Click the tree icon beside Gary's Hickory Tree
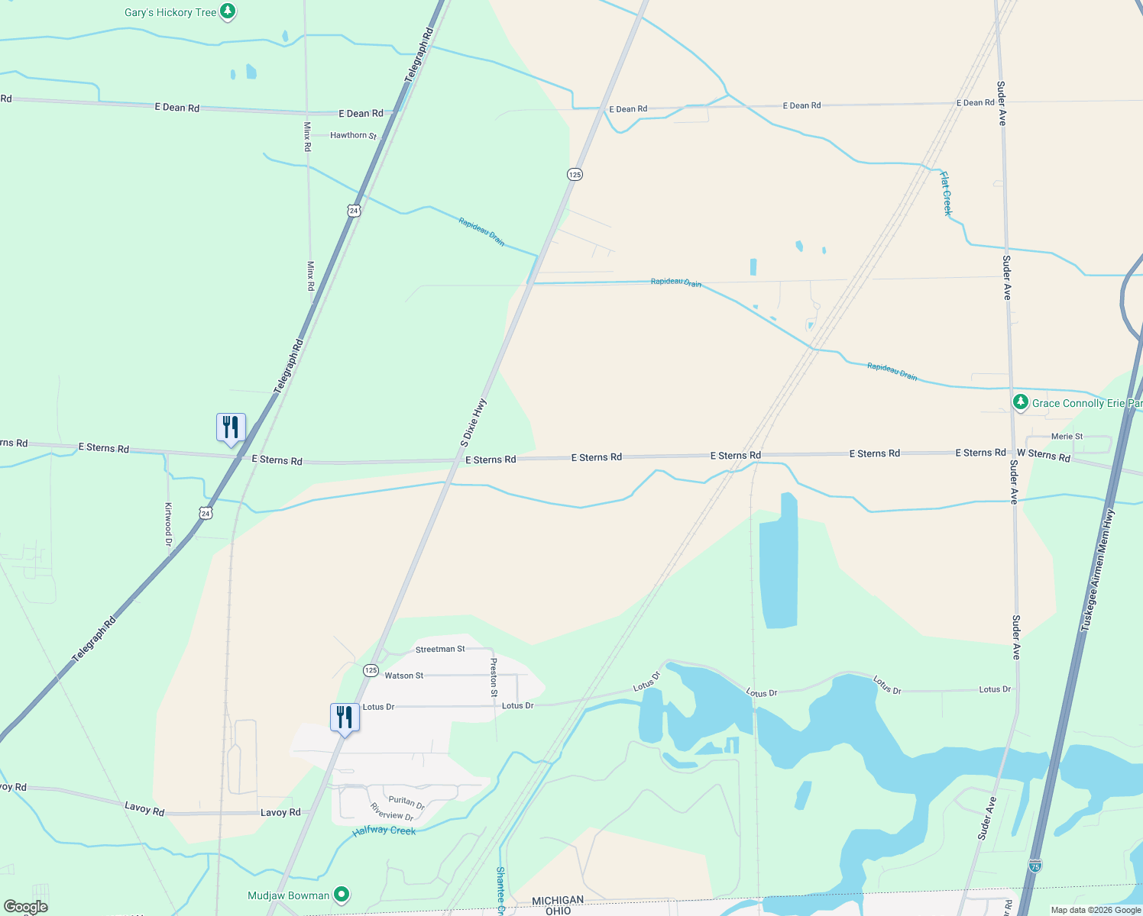[x=228, y=11]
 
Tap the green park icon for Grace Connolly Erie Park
[x=1021, y=402]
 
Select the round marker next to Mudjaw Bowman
[x=342, y=894]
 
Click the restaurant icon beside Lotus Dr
[x=345, y=718]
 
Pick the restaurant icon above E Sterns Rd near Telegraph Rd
[x=231, y=427]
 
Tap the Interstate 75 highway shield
[x=1035, y=866]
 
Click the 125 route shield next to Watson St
[x=371, y=670]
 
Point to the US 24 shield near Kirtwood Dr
[x=206, y=514]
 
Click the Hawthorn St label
[x=353, y=136]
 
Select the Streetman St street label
[x=440, y=650]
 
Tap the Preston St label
[x=494, y=677]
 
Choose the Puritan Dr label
[x=406, y=802]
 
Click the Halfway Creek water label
[x=384, y=831]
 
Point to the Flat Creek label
[x=946, y=193]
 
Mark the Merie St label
[x=1067, y=437]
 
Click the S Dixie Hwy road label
[x=474, y=423]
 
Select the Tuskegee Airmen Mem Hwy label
[x=1097, y=570]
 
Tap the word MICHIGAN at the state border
[x=558, y=901]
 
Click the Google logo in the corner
[x=25, y=907]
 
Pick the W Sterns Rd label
[x=1043, y=455]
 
